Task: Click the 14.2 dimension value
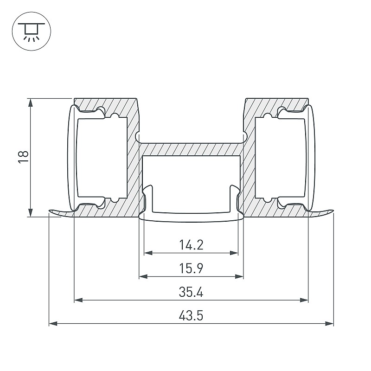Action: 191,245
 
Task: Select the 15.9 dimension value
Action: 191,269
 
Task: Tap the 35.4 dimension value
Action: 191,292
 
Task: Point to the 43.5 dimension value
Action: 191,316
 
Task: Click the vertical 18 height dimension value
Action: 23,157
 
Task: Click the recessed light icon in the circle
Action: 32,31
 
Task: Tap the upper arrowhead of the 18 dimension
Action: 30,103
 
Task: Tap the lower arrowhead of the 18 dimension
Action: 30,212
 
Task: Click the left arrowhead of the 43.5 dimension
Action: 53,323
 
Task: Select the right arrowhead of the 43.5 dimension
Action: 329,323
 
